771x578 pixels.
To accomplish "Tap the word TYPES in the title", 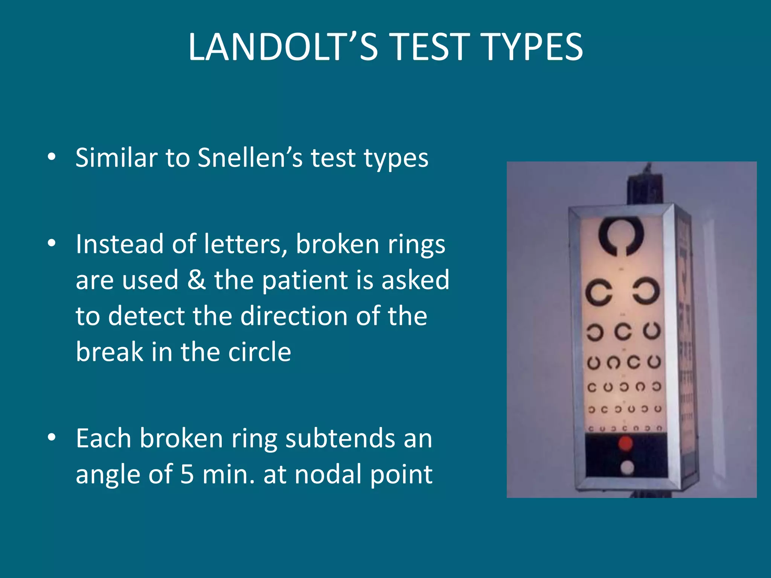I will [x=532, y=47].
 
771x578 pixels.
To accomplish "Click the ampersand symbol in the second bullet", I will [x=197, y=280].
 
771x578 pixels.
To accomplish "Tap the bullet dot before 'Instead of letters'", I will [x=52, y=243].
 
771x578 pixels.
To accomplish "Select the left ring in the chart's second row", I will [x=599, y=292].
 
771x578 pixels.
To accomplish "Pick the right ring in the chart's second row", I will [x=646, y=291].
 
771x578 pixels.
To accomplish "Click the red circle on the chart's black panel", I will [x=626, y=444].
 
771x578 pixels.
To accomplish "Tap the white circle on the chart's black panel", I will [x=627, y=468].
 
